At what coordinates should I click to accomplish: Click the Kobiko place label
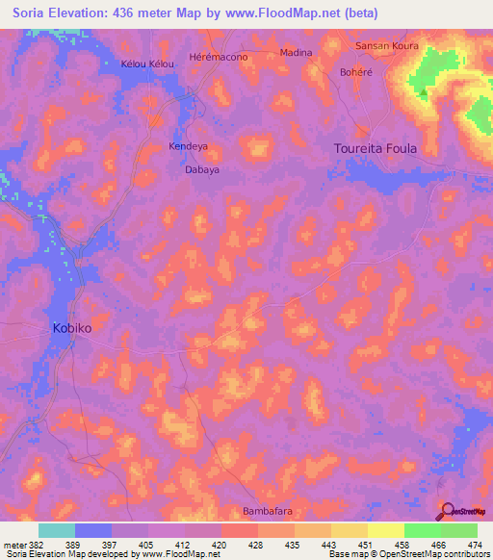[71, 328]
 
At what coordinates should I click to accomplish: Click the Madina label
[296, 53]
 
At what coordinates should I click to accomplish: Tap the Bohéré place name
[355, 72]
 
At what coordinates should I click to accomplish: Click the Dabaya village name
[202, 169]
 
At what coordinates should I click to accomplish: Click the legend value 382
[34, 545]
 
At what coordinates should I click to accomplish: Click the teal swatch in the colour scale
[57, 530]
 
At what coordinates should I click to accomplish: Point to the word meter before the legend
[13, 545]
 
